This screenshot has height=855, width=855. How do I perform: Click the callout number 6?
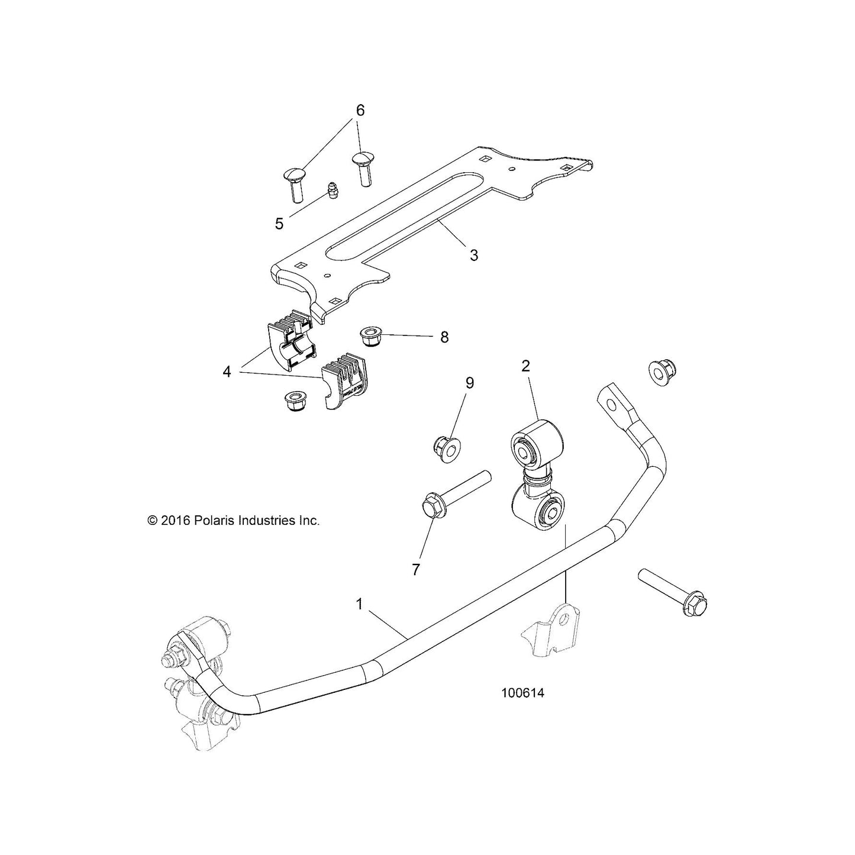[360, 111]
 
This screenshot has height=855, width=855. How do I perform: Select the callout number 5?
[279, 224]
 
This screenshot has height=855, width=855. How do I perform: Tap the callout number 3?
[474, 255]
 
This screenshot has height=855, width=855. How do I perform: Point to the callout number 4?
[227, 372]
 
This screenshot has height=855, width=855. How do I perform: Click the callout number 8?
[444, 337]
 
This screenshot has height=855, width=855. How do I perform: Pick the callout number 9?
[469, 382]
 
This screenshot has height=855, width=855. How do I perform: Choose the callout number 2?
[525, 366]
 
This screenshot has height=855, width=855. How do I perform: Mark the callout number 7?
[415, 570]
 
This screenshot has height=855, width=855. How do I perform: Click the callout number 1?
[359, 604]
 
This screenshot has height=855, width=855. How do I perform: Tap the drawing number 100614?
[522, 705]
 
